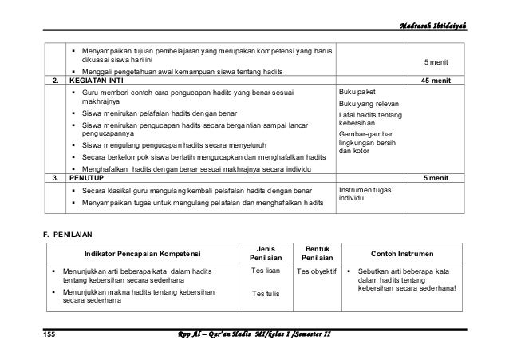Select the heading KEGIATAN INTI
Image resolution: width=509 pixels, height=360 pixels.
[97, 81]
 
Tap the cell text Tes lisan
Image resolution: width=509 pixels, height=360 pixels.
[264, 272]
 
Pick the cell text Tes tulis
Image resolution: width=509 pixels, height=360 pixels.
[264, 295]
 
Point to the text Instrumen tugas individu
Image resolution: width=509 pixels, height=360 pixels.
[365, 195]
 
